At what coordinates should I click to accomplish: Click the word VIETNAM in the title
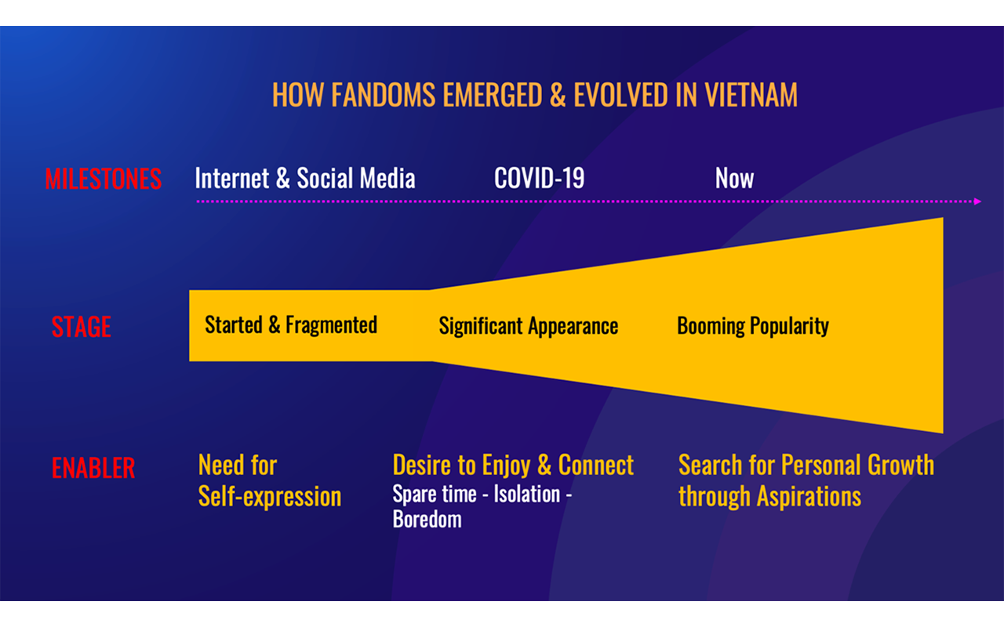pos(751,95)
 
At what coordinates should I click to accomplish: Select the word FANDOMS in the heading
pos(384,95)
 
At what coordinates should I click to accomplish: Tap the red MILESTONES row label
pos(103,179)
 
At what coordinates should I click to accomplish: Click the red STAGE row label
pos(81,327)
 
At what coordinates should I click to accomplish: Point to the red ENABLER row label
pos(93,468)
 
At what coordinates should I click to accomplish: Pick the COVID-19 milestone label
pos(539,178)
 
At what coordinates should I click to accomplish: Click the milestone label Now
pos(734,178)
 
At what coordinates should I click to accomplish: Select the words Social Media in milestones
pos(356,178)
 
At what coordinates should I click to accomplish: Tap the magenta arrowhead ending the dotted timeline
pos(977,201)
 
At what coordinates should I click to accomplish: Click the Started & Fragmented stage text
pos(291,324)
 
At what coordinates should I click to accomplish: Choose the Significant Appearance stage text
pos(529,325)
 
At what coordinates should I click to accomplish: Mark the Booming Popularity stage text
pos(753,325)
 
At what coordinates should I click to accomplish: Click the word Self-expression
pos(270,497)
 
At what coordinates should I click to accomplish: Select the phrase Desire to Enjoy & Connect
pos(513,465)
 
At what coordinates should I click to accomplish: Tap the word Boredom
pos(427,520)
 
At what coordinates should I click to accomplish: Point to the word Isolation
pos(527,495)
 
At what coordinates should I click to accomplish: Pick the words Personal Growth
pos(858,465)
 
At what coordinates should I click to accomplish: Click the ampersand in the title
pos(558,95)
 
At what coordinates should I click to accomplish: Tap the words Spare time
pos(435,495)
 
